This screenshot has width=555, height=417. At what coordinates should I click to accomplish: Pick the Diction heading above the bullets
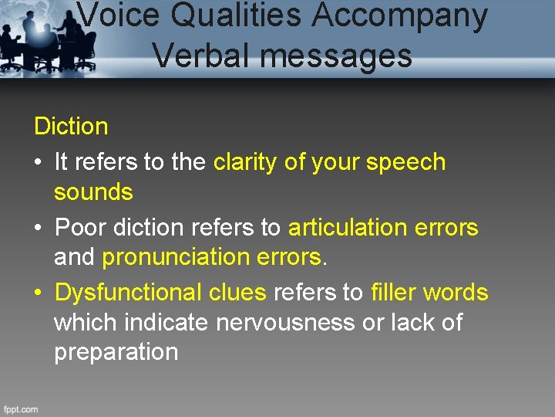click(x=71, y=126)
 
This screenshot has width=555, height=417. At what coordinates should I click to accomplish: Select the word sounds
click(x=93, y=192)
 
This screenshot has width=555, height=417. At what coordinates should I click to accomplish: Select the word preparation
click(x=116, y=353)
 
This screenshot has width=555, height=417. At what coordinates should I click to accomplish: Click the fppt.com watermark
click(x=21, y=409)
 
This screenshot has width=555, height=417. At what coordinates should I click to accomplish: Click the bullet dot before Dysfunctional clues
click(x=39, y=293)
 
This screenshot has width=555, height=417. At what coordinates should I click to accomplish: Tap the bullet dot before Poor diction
click(x=39, y=229)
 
